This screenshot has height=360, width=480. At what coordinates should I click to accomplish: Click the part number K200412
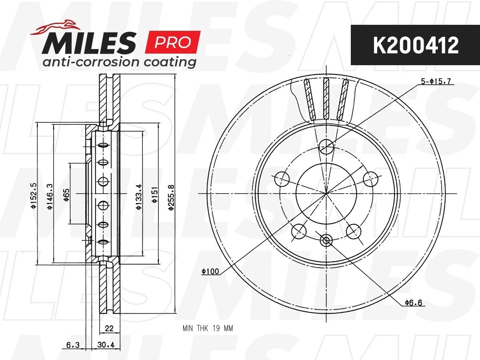click(x=416, y=45)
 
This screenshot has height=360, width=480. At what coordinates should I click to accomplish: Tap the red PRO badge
click(x=172, y=42)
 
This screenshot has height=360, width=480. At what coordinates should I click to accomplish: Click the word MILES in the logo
click(x=89, y=43)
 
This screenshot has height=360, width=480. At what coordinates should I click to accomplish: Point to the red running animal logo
click(x=55, y=28)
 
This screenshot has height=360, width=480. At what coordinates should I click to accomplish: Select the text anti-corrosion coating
click(x=119, y=62)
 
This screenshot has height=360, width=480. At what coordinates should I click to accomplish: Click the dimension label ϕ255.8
click(x=172, y=197)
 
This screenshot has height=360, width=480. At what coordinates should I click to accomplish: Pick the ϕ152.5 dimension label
click(x=34, y=196)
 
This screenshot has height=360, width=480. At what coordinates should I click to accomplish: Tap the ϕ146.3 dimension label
click(x=50, y=196)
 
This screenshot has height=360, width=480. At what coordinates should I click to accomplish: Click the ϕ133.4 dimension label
click(x=139, y=197)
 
